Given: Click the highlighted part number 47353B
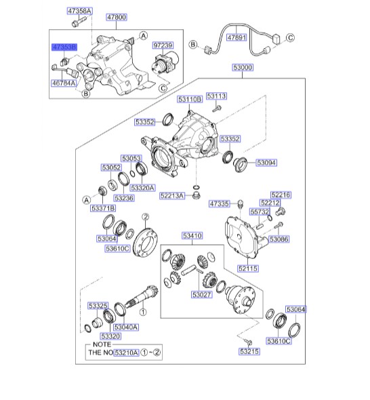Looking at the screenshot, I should [65, 47].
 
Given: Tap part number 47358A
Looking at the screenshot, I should [80, 12].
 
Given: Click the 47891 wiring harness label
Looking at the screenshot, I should [238, 37].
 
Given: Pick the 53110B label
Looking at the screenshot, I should [190, 99].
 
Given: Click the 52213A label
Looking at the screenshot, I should [172, 195].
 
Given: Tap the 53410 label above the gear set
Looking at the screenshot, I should [192, 236].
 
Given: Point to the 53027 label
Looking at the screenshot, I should [202, 295].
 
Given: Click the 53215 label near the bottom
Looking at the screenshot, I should [249, 352].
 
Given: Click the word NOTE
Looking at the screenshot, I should [99, 344].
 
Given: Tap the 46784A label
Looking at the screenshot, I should [64, 83].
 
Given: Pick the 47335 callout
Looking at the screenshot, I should [220, 203].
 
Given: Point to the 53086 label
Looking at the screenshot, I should [279, 239].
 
